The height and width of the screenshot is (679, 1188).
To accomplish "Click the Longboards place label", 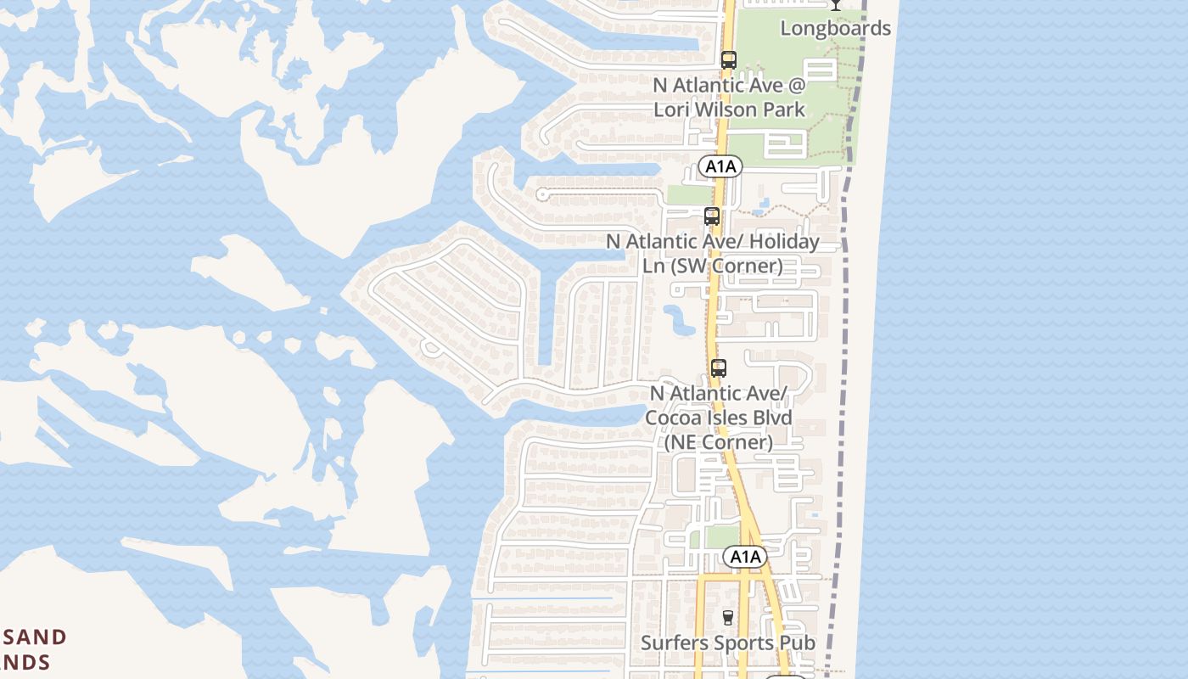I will click(x=836, y=28).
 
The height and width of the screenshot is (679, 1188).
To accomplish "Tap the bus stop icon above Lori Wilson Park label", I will click(x=728, y=60).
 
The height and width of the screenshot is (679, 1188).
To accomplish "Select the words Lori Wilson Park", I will click(x=729, y=109).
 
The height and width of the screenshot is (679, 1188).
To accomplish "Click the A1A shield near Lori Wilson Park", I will click(x=720, y=167).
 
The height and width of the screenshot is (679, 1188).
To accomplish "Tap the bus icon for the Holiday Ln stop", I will click(x=711, y=216).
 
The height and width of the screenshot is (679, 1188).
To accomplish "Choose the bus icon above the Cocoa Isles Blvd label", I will click(x=718, y=368).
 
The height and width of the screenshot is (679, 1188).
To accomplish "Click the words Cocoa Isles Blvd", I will click(x=718, y=418).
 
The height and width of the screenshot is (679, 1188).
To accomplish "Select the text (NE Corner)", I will click(x=718, y=441).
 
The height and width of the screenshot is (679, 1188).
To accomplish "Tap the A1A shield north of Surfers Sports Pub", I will click(x=745, y=557).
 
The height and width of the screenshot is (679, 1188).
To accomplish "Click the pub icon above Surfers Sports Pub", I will click(x=726, y=617).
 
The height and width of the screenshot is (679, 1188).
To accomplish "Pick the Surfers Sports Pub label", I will click(x=727, y=643).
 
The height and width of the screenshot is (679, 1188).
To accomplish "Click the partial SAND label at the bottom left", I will click(x=34, y=638).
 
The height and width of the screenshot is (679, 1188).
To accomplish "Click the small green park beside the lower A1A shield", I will click(x=722, y=537).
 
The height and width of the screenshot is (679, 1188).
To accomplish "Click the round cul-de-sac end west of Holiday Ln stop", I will click(x=542, y=195).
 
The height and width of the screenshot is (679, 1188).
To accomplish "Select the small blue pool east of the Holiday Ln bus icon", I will click(x=760, y=205).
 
